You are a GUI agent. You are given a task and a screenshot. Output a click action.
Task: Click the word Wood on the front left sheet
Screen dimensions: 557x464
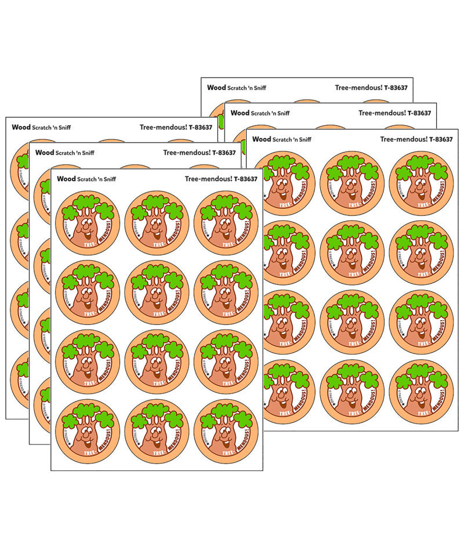point(66,179)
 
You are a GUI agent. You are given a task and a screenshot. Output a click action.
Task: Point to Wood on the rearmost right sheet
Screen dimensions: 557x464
point(216,88)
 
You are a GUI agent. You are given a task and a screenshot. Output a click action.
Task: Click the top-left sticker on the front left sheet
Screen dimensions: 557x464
point(87,223)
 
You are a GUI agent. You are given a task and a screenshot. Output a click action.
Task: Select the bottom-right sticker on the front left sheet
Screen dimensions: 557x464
point(226,431)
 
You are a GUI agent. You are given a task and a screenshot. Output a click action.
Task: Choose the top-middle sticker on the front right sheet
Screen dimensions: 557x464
point(352,183)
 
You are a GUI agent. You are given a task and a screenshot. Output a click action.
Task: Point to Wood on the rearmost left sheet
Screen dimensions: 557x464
point(21,127)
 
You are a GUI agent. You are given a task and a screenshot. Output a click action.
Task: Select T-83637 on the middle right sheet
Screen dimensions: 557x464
point(419,113)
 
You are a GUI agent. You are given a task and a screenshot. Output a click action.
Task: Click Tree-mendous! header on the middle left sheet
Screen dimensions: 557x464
point(186,153)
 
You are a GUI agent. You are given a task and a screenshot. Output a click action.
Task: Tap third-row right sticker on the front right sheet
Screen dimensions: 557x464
point(422,322)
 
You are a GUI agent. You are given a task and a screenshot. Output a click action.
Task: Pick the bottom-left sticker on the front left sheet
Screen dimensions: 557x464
point(87,431)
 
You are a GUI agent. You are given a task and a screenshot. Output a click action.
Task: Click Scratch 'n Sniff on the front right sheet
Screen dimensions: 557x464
point(292,140)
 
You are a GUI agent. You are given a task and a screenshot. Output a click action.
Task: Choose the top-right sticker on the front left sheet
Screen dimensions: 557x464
point(226,223)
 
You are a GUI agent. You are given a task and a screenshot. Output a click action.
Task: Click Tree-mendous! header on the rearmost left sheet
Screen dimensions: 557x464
point(163,127)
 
